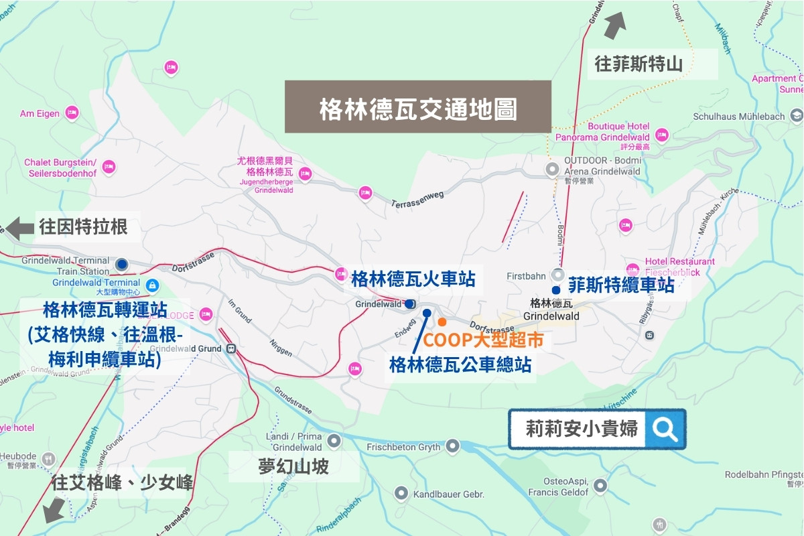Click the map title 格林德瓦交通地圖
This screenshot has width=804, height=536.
[418, 107]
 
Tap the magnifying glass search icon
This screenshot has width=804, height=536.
[665, 429]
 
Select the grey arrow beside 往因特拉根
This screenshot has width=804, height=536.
[19, 228]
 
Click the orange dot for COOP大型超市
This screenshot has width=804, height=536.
[442, 322]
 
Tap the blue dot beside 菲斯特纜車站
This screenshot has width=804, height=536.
[555, 290]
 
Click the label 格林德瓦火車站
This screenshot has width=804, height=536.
[413, 279]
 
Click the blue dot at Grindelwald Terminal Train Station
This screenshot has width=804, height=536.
[121, 264]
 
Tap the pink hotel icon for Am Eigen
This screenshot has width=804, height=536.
[72, 113]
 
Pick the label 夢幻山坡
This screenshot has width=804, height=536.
[293, 466]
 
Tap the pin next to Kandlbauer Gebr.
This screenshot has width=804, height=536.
[401, 494]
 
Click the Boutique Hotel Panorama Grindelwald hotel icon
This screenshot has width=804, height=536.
[662, 134]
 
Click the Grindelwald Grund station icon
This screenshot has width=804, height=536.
[232, 348]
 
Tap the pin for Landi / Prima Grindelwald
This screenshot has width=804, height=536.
[334, 441]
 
